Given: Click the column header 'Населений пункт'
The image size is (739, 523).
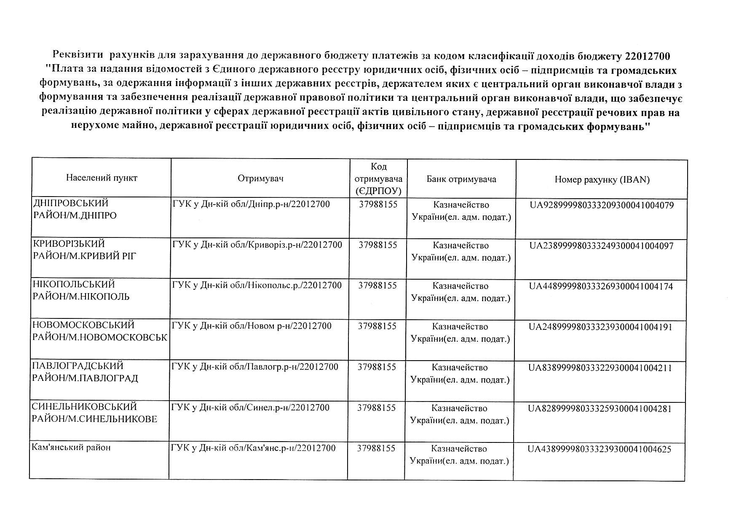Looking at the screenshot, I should pyautogui.click(x=102, y=178).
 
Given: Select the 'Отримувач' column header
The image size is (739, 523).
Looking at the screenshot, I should pyautogui.click(x=260, y=178).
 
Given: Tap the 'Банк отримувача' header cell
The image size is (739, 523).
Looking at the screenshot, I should pyautogui.click(x=461, y=179).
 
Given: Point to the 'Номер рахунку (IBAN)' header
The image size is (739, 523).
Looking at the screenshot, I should pyautogui.click(x=602, y=180).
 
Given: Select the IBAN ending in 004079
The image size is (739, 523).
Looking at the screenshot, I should pyautogui.click(x=602, y=205).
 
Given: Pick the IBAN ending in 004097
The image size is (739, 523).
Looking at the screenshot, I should pyautogui.click(x=601, y=246).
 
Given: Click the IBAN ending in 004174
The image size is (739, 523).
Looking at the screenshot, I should pyautogui.click(x=601, y=286).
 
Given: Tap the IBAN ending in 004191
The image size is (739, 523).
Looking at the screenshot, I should pyautogui.click(x=600, y=327).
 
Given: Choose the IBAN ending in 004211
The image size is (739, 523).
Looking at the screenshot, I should pyautogui.click(x=600, y=368).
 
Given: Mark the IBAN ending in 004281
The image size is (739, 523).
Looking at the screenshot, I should pyautogui.click(x=600, y=409).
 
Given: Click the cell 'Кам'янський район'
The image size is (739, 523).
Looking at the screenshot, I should pyautogui.click(x=71, y=448).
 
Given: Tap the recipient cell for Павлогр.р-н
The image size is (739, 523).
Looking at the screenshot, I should pyautogui.click(x=255, y=367).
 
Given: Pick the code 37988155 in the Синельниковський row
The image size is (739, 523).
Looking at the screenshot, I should pyautogui.click(x=376, y=408).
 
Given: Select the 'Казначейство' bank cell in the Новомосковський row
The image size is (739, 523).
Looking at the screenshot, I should pyautogui.click(x=460, y=327).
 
